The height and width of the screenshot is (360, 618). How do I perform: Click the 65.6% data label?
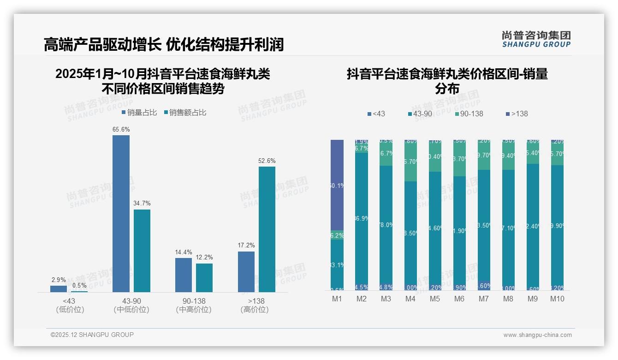pyautogui.click(x=121, y=130)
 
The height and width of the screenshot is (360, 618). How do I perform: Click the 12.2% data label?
pyautogui.click(x=204, y=258)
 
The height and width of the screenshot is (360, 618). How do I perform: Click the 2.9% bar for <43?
pyautogui.click(x=59, y=288)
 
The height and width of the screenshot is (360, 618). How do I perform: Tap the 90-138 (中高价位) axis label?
pyautogui.click(x=194, y=306)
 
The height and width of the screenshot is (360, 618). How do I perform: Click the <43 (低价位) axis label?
pyautogui.click(x=70, y=306)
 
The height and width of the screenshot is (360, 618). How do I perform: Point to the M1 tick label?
pyautogui.click(x=337, y=299)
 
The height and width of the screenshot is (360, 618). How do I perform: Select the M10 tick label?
pyautogui.click(x=557, y=299)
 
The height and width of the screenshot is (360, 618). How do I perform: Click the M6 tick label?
pyautogui.click(x=459, y=299)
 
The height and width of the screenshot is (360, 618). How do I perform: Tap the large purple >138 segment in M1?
pyautogui.click(x=337, y=185)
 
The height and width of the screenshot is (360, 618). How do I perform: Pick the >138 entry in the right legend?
pyautogui.click(x=517, y=114)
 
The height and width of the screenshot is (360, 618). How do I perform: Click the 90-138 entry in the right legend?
pyautogui.click(x=469, y=114)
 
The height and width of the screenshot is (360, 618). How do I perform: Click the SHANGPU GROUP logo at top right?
pyautogui.click(x=536, y=39)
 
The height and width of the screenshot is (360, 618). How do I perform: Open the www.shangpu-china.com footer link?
pyautogui.click(x=537, y=335)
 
